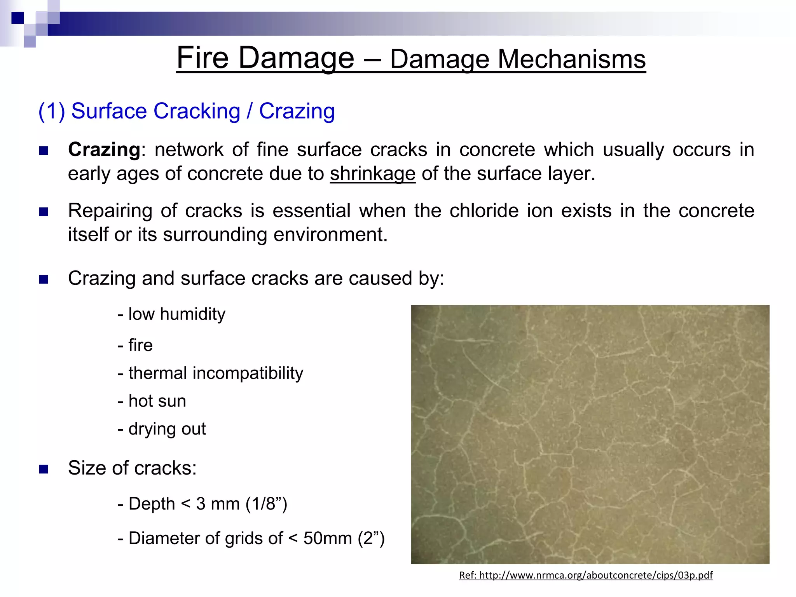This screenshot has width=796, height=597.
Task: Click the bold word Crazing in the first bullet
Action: [x=104, y=150]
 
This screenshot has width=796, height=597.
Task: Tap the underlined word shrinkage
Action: [x=372, y=174]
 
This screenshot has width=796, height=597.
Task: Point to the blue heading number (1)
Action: [x=51, y=111]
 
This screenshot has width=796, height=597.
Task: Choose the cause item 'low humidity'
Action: [x=176, y=314]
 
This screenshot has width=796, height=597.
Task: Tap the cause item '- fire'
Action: [x=135, y=345]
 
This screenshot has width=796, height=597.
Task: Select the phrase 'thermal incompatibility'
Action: [x=215, y=373]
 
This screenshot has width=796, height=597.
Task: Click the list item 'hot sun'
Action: [x=157, y=401]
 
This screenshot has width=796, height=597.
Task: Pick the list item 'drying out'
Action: [x=167, y=429]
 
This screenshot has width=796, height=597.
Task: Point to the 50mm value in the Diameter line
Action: [x=327, y=539]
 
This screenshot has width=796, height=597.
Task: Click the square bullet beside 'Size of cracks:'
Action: [x=44, y=469]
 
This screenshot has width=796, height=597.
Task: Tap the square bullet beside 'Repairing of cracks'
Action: [x=44, y=212]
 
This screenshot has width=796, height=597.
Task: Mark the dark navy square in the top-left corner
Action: [x=17, y=18]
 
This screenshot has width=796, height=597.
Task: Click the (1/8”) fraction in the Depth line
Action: [x=266, y=504]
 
